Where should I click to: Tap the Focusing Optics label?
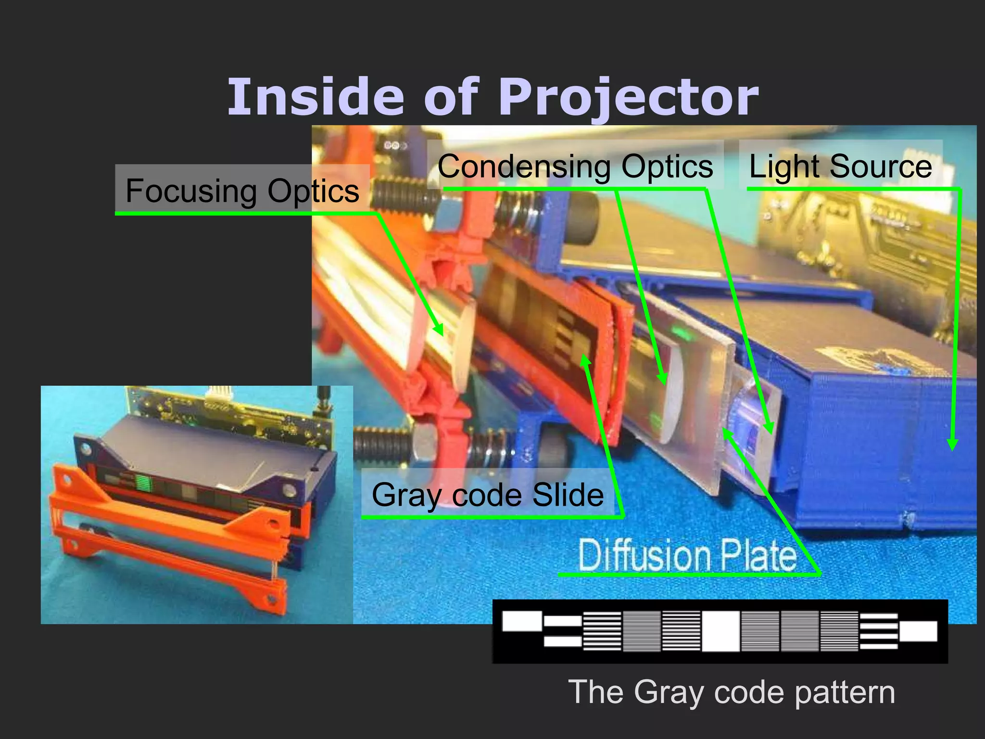tap(242, 191)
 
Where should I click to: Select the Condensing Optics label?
tap(575, 166)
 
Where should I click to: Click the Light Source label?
tap(840, 166)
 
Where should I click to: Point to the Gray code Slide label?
tap(487, 495)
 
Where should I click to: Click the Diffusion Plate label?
tap(687, 555)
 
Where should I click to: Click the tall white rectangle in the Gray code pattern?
tap(720, 631)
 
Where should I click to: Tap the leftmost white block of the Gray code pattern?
tap(521, 621)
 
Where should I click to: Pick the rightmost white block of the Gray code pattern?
tap(918, 631)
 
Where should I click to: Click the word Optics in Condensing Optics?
tap(667, 166)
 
